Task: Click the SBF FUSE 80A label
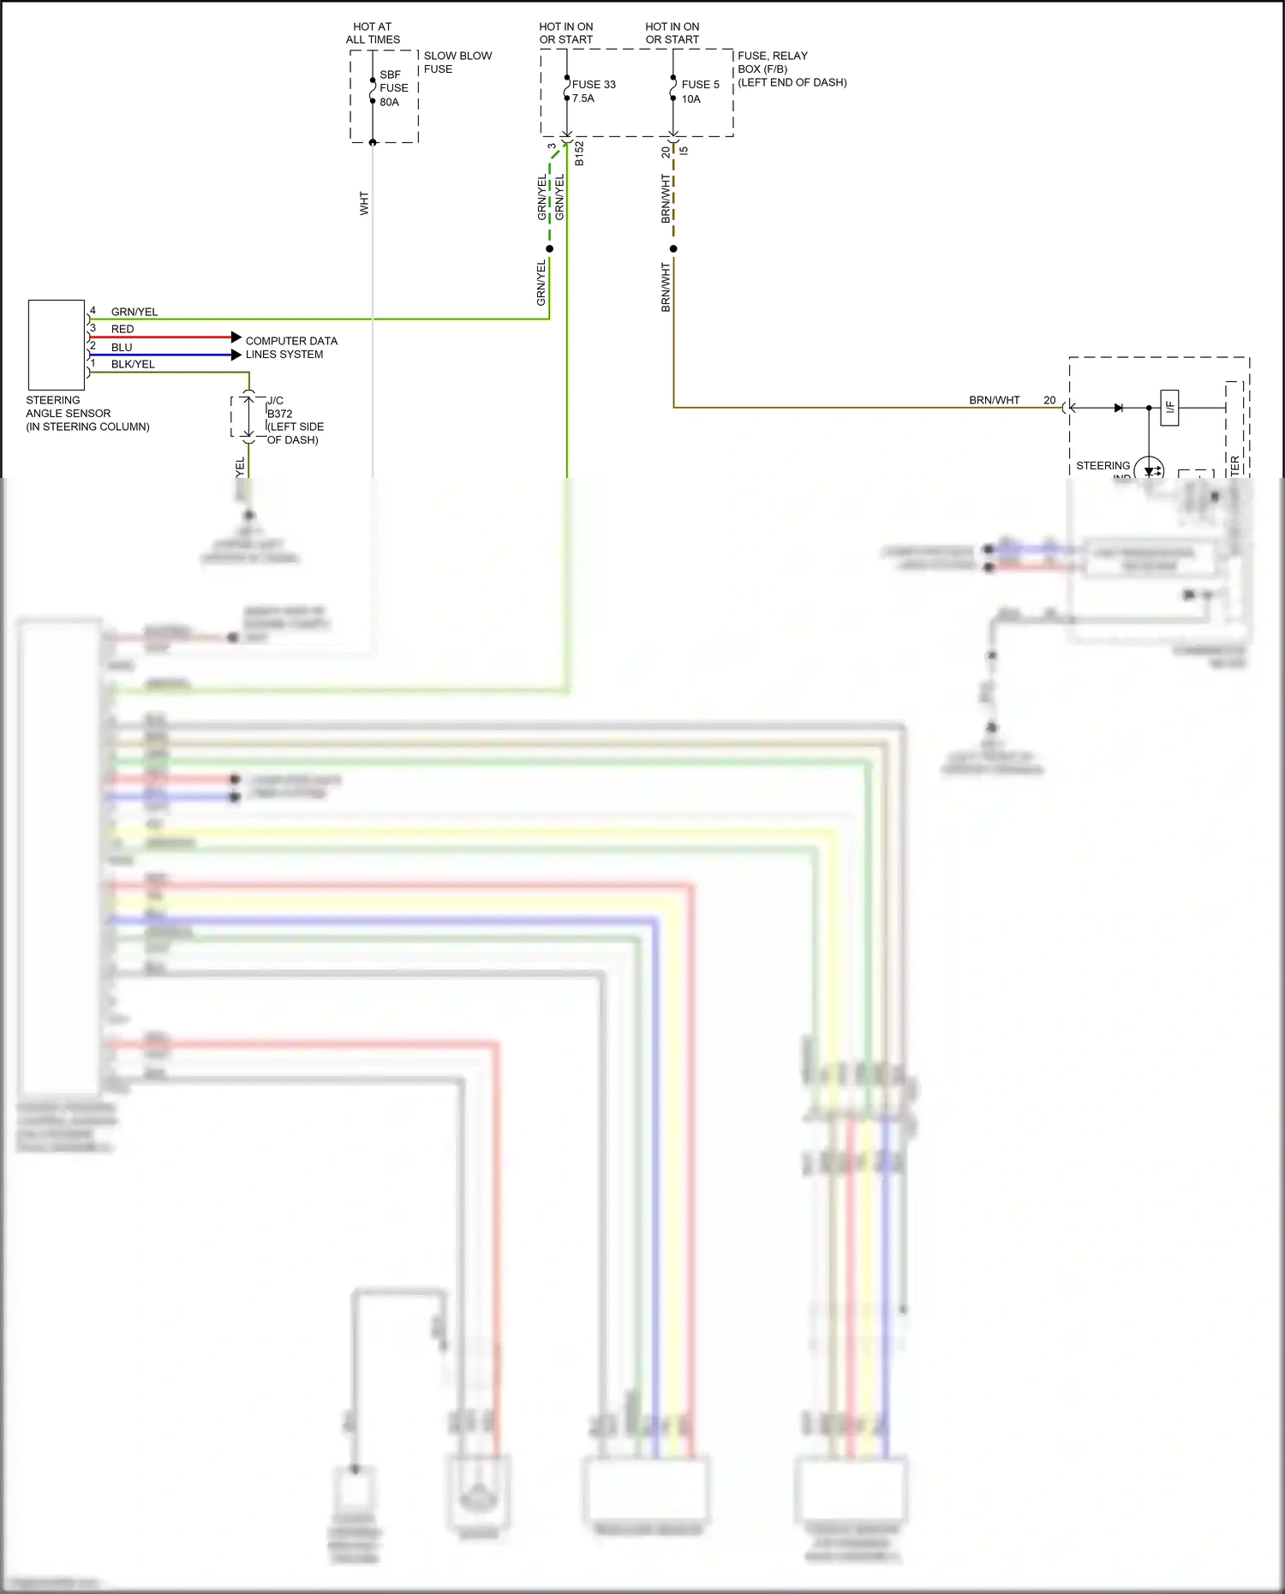(x=393, y=88)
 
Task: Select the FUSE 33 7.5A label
(x=593, y=91)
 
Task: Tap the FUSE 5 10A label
(x=700, y=92)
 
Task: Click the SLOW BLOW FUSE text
(x=457, y=63)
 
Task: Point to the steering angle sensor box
(x=57, y=345)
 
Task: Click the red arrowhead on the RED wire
(x=236, y=337)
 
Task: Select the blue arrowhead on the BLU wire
(x=236, y=355)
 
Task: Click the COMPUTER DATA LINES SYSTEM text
(x=290, y=347)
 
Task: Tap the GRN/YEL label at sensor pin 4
(x=134, y=312)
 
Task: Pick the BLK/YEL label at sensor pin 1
(x=133, y=364)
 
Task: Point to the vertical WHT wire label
(x=364, y=203)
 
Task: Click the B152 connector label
(x=579, y=153)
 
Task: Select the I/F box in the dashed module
(x=1169, y=407)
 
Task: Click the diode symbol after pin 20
(x=1118, y=408)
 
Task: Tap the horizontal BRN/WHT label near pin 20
(x=994, y=400)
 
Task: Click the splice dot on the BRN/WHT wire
(x=673, y=249)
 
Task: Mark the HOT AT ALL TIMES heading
(x=373, y=33)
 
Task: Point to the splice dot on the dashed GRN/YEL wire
(x=549, y=249)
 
